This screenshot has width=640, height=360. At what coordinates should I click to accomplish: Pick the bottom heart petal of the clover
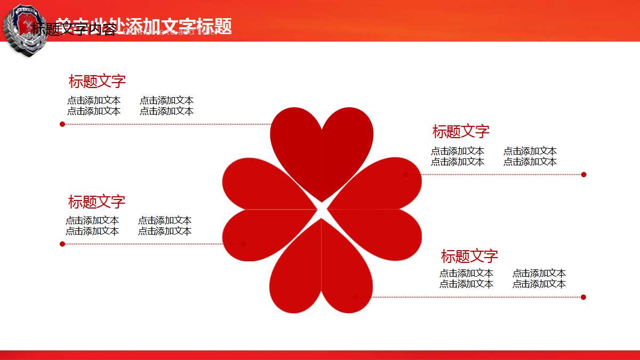coord(321,272)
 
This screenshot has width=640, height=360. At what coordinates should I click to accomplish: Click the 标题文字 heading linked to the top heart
coord(97,82)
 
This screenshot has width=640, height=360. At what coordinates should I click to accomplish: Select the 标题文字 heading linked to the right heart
coord(461,132)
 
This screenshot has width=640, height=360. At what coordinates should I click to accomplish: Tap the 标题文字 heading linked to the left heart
coord(97,202)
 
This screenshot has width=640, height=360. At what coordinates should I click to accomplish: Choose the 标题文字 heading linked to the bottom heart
coord(469,257)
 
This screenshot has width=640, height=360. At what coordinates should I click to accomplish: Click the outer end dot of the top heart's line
coord(62,124)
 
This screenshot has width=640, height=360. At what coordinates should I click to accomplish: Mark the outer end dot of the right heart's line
coord(584,174)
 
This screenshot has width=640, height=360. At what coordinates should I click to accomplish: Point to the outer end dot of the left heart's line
coord(62,244)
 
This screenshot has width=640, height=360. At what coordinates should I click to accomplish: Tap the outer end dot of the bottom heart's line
coord(583,297)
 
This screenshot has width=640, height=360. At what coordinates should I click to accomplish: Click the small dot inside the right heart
coord(406,174)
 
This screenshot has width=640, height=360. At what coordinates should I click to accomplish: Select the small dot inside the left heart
coord(244,244)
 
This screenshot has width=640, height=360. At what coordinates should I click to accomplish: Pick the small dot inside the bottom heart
coord(355,297)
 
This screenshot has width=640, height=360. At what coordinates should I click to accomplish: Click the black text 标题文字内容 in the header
coord(73,29)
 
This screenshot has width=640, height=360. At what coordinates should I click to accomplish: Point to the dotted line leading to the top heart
coord(165,124)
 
